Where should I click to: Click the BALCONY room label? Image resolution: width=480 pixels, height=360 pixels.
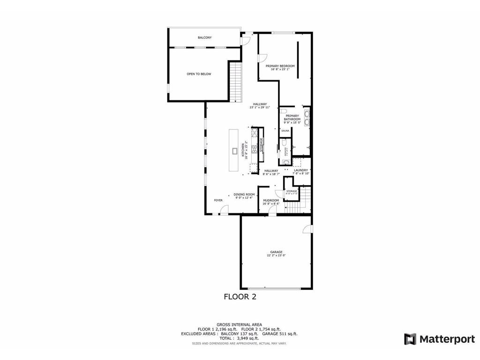point(204,37)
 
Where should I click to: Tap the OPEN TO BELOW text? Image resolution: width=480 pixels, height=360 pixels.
point(199,74)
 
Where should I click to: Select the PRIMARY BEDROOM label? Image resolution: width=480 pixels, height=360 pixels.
point(280,66)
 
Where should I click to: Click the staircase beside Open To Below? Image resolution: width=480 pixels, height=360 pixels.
point(235,82)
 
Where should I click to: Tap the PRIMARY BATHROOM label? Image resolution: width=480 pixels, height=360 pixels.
point(292,118)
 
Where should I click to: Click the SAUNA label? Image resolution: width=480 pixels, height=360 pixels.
point(285,131)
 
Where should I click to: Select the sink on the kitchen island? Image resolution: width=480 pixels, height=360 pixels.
point(234,151)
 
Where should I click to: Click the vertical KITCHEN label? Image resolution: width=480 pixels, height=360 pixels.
point(243,151)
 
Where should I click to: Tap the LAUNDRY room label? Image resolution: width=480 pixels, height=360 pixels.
point(301,170)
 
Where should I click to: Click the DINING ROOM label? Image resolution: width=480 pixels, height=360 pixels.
point(244,195)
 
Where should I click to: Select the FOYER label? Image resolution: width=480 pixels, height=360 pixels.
point(218,200)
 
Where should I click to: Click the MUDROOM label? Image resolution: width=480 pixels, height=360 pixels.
point(271,201)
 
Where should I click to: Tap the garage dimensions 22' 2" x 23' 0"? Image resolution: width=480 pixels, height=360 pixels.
point(276,255)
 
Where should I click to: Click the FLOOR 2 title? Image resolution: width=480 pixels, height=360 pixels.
point(240,297)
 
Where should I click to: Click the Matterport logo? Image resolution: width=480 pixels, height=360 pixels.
point(440,339)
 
